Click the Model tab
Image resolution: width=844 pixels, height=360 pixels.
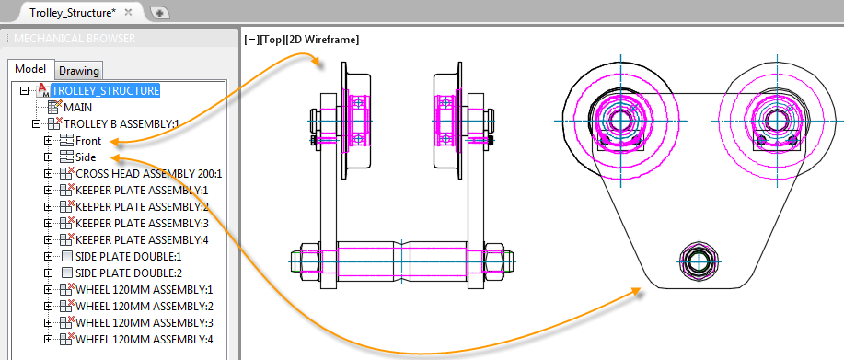pos(30,69)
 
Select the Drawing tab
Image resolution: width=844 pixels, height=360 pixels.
pos(79,71)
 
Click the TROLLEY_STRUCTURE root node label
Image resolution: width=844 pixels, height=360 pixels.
pos(105,90)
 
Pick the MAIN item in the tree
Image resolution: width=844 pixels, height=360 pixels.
pos(78,107)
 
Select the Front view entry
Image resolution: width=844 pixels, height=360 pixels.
pos(88,141)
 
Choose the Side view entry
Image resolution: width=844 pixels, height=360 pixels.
pos(86,157)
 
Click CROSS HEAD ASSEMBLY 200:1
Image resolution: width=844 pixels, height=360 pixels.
pos(149,174)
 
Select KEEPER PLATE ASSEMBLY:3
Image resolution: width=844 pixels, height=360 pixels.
pos(142,224)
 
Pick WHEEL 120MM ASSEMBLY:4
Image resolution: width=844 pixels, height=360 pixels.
pos(145,340)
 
